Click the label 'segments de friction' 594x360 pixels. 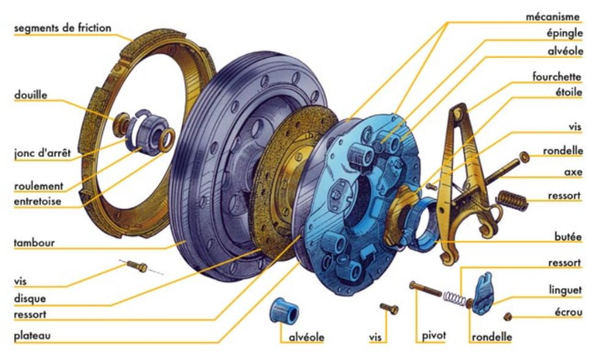click(62, 28)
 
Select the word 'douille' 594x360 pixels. click(30, 94)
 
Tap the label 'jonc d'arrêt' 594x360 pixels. click(42, 154)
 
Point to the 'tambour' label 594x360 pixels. click(34, 243)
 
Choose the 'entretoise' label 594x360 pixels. click(38, 201)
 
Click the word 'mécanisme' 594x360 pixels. click(552, 17)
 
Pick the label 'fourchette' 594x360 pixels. click(556, 77)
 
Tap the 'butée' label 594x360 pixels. click(568, 237)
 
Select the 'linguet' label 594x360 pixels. click(565, 290)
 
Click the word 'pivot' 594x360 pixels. click(434, 336)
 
